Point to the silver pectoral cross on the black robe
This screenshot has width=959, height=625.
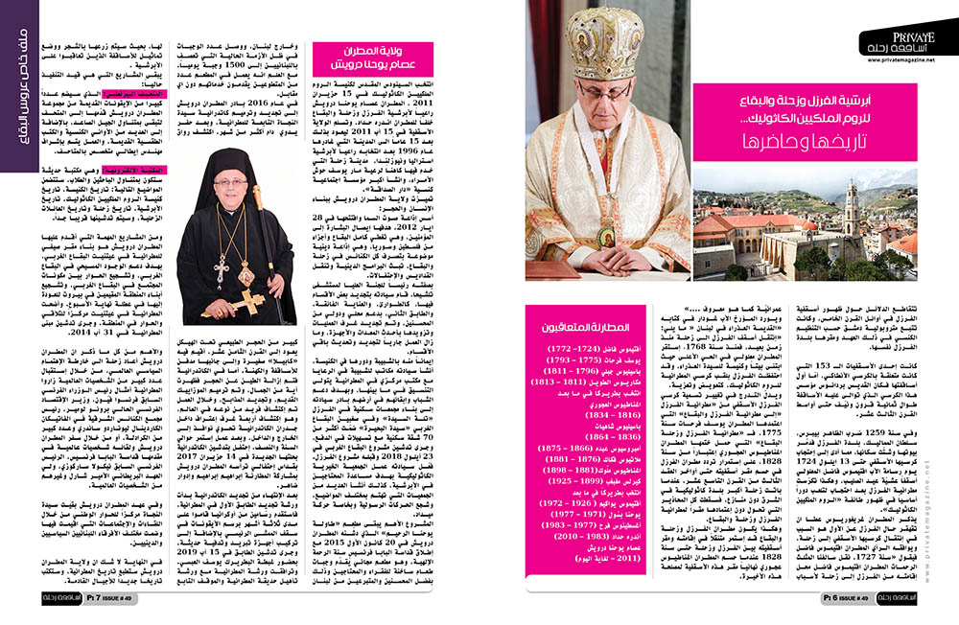point(221,272)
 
